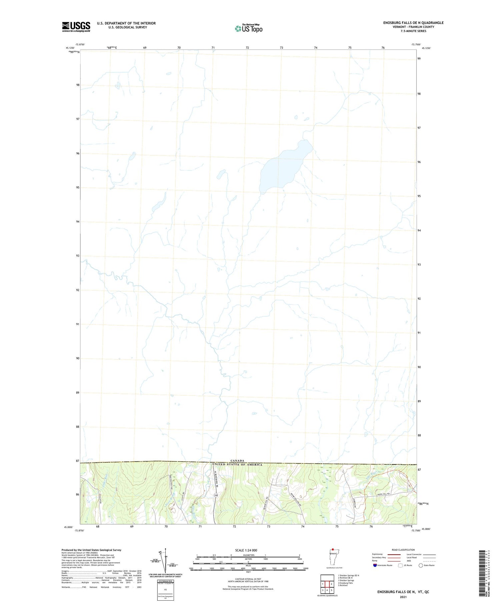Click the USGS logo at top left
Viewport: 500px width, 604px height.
click(76, 27)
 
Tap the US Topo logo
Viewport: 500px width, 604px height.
click(248, 29)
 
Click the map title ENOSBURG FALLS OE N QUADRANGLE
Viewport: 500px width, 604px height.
click(413, 23)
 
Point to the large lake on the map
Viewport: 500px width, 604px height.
click(283, 167)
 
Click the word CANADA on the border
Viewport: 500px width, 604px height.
click(238, 461)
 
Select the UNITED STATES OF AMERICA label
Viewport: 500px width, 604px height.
click(237, 464)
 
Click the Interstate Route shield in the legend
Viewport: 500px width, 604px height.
click(375, 565)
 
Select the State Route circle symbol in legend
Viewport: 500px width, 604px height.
click(421, 565)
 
